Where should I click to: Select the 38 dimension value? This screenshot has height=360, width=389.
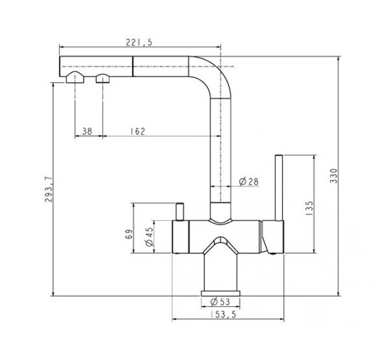(x=87, y=131)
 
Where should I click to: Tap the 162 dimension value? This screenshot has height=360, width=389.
(x=137, y=131)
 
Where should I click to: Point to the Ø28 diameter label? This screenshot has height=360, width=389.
(x=249, y=181)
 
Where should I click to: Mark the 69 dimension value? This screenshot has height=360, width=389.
(x=129, y=233)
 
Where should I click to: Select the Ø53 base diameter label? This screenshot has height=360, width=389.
(x=220, y=302)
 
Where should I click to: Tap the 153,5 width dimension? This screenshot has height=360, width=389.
(x=223, y=315)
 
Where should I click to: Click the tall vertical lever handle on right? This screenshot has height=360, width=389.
(x=280, y=189)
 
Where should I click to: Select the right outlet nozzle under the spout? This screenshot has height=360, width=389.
(x=103, y=78)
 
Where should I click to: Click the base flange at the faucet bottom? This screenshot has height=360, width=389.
(x=220, y=293)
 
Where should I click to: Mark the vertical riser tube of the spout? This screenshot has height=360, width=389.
(x=221, y=149)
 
